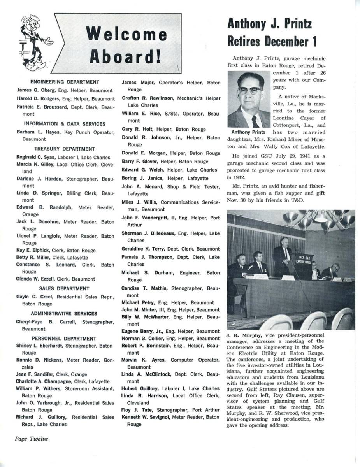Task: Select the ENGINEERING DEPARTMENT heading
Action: coord(65,82)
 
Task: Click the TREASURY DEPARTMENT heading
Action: coord(65,149)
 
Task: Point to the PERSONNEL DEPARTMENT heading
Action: coord(64,338)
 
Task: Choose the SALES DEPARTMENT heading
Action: coord(64,288)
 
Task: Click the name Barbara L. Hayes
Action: coord(38,132)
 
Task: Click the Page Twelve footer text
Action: coord(32,439)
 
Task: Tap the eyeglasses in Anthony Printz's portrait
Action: coord(249,90)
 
